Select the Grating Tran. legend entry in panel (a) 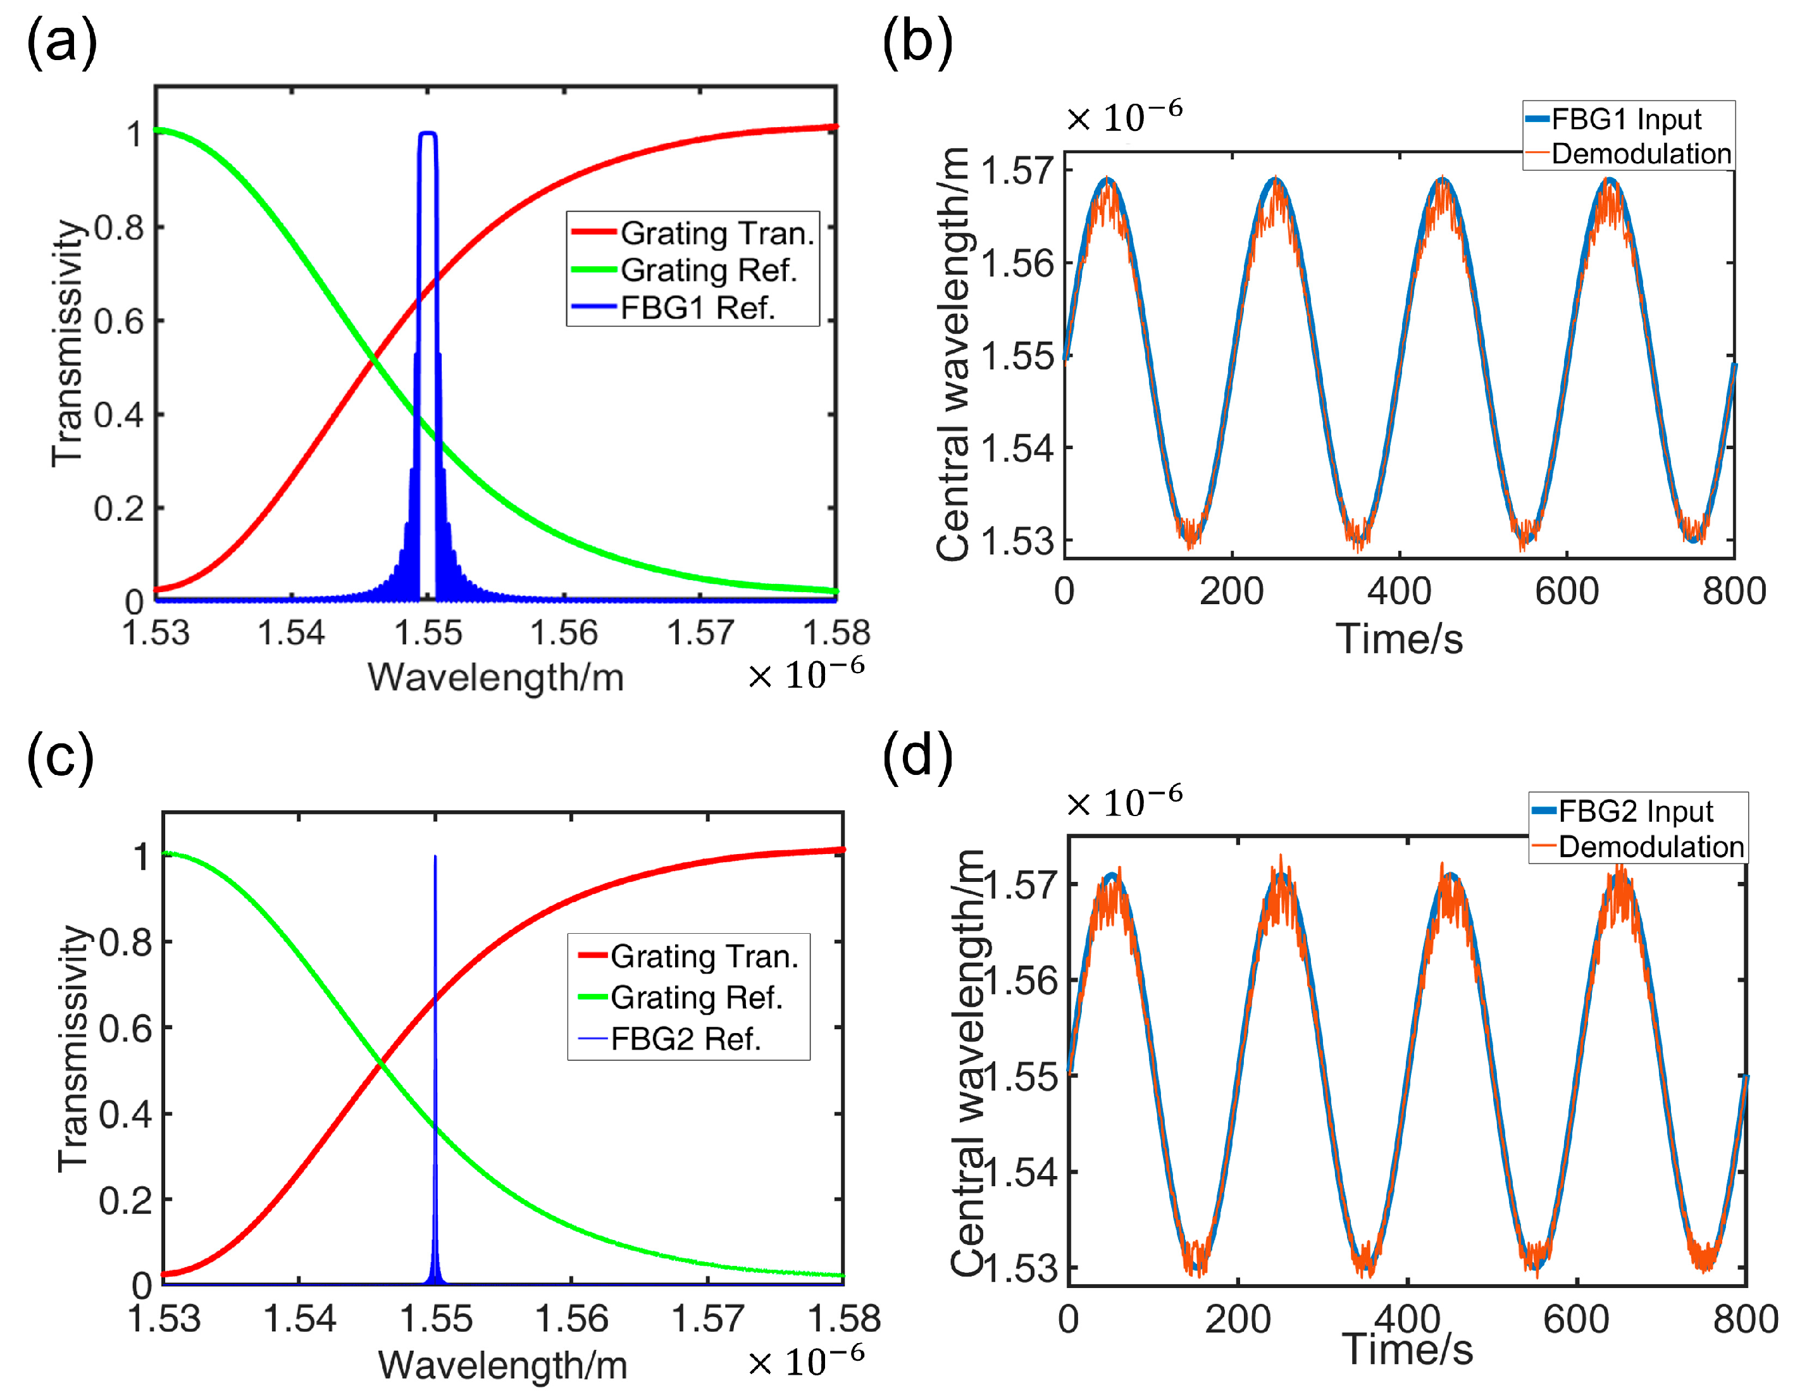click(716, 233)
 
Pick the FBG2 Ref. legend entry click(685, 1039)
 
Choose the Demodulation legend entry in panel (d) click(1650, 846)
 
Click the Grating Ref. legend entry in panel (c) click(695, 998)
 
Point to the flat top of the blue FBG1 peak click(427, 133)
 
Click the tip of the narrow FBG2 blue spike click(435, 858)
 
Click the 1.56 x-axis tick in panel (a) click(564, 633)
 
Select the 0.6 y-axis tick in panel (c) click(125, 1029)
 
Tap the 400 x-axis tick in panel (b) click(1399, 592)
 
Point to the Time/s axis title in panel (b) click(1399, 639)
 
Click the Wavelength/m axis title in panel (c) click(502, 1365)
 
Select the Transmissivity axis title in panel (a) click(68, 344)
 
